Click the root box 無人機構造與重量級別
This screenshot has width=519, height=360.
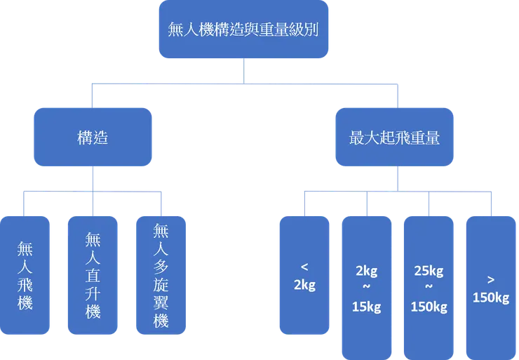point(243,30)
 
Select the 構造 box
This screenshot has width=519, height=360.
point(93,138)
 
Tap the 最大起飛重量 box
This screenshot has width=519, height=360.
point(394,138)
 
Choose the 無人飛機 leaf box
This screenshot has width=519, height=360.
point(26,276)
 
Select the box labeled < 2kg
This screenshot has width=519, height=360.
point(304,275)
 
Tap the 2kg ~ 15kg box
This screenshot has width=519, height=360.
point(365,288)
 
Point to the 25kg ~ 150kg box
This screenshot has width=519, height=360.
point(429,288)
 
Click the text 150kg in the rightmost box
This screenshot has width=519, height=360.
point(491,298)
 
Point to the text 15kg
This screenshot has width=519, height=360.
point(365,307)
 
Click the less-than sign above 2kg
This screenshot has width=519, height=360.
point(304,267)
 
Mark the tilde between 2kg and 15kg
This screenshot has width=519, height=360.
point(365,288)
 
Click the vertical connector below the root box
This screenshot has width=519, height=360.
point(243,71)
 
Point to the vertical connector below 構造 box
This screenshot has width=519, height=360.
point(93,180)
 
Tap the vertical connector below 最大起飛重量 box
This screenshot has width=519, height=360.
point(396,180)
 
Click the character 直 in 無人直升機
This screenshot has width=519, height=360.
point(93,260)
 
